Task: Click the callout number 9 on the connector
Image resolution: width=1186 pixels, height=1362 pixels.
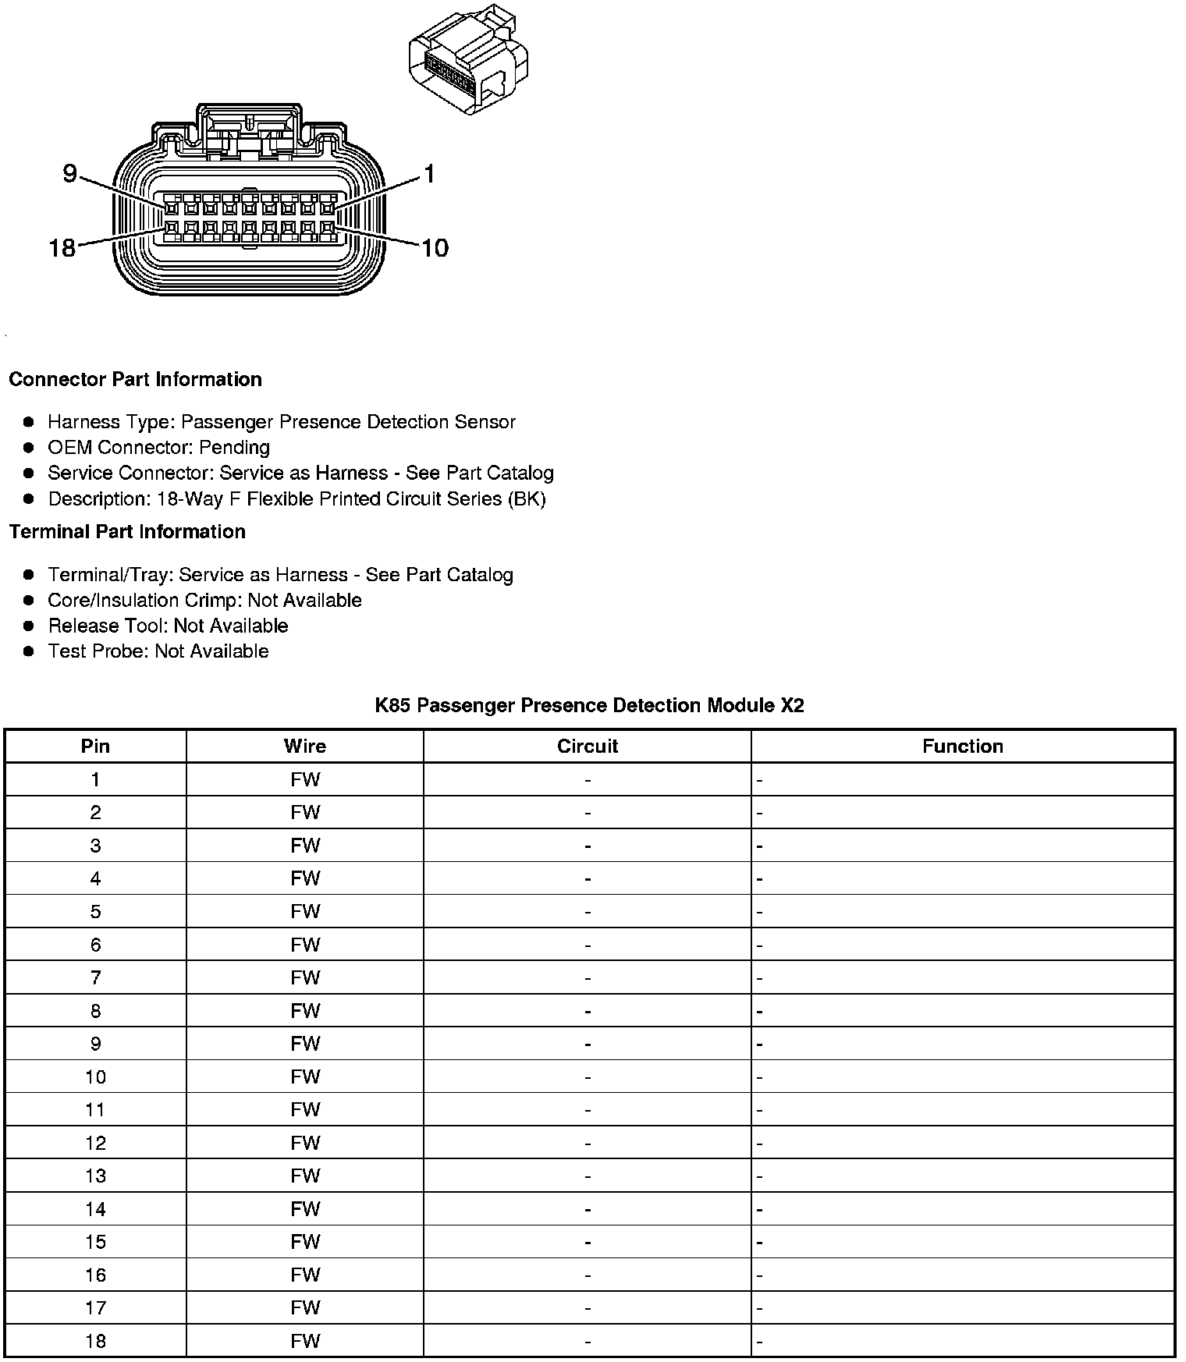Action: point(69,173)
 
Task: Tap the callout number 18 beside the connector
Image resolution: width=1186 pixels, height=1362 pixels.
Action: point(62,248)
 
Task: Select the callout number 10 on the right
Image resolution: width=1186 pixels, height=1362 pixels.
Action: point(435,248)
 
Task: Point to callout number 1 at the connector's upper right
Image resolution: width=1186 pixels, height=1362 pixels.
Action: point(428,174)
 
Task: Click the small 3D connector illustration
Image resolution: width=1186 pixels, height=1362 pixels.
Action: point(468,62)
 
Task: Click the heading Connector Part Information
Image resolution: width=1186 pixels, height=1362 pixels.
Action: point(135,380)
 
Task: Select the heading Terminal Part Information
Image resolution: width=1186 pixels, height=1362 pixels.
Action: point(127,532)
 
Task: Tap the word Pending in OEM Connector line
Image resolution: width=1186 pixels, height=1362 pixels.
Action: point(234,448)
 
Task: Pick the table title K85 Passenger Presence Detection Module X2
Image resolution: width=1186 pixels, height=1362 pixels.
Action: point(589,706)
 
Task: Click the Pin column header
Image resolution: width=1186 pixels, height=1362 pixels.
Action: point(95,747)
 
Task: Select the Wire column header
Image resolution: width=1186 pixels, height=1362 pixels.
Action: point(305,747)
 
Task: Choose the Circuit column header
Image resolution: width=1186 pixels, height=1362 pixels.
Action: point(588,747)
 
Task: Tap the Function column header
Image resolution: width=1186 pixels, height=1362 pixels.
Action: point(962,747)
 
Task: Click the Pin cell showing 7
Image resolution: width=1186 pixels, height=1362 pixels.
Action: point(95,978)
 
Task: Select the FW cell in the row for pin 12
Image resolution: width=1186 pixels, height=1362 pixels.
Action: point(305,1144)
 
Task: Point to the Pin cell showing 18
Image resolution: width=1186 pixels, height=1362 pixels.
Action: point(95,1342)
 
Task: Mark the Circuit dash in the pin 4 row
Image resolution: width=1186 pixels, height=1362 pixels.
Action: point(588,879)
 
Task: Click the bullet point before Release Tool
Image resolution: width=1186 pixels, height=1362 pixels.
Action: point(29,626)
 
